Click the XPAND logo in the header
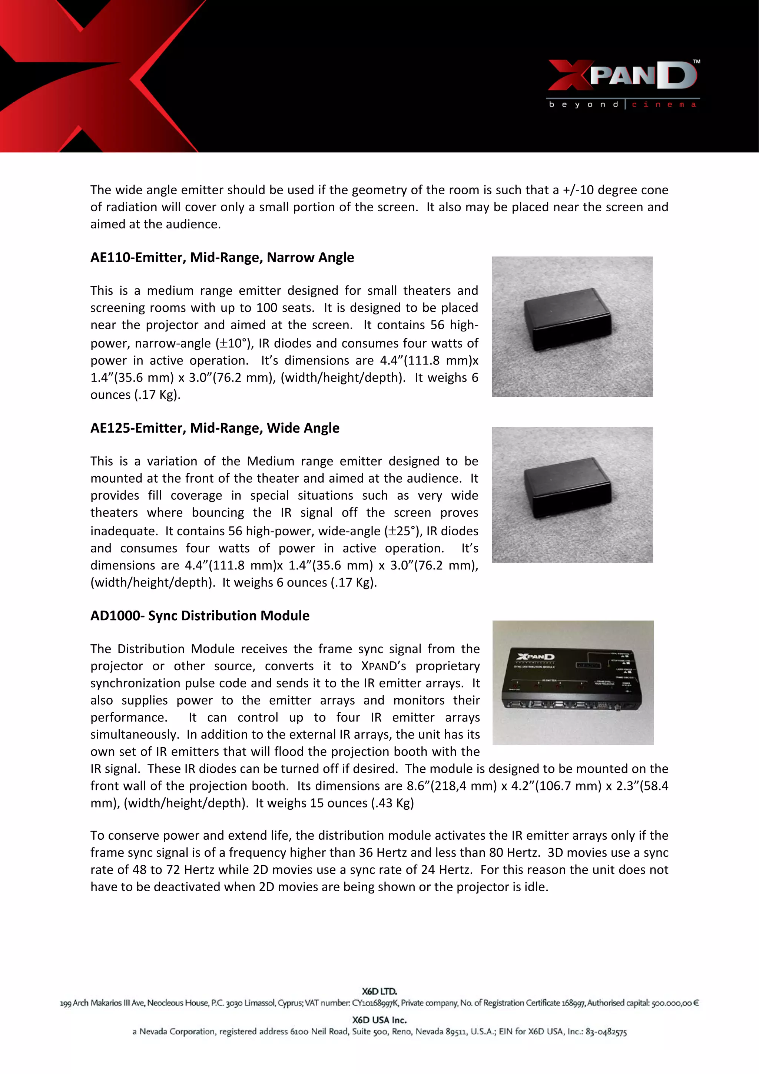[x=622, y=75]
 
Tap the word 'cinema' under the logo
[x=664, y=105]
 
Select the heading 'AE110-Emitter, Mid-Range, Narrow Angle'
[x=222, y=257]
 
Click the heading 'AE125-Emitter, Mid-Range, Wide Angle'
[x=215, y=428]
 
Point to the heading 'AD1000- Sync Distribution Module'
[x=200, y=615]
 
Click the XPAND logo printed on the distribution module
[x=535, y=657]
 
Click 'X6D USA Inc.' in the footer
[x=379, y=1020]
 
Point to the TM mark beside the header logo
[x=696, y=61]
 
